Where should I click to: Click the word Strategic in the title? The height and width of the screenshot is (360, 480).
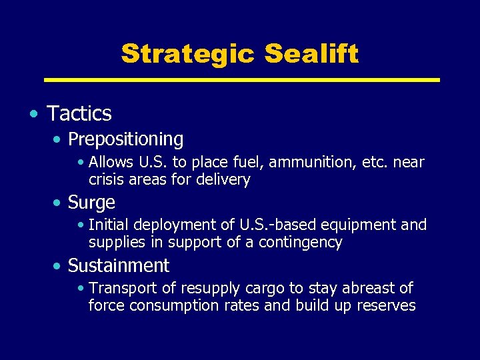pyautogui.click(x=188, y=53)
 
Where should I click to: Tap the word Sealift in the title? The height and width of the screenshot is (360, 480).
pyautogui.click(x=311, y=53)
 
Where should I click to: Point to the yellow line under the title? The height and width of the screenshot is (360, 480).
pyautogui.click(x=241, y=80)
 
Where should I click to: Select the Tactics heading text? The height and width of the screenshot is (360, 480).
pyautogui.click(x=79, y=114)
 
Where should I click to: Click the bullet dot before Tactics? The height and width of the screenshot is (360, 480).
pyautogui.click(x=33, y=114)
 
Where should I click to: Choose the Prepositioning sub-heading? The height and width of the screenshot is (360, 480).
pyautogui.click(x=125, y=139)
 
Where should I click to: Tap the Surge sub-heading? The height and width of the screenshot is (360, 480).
pyautogui.click(x=91, y=202)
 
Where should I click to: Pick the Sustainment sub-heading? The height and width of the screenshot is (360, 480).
pyautogui.click(x=119, y=265)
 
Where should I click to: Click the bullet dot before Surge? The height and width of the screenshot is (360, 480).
pyautogui.click(x=59, y=203)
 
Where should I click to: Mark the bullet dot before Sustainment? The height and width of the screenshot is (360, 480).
pyautogui.click(x=59, y=266)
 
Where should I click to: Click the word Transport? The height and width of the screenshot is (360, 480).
pyautogui.click(x=120, y=288)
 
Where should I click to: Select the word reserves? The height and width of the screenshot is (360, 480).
pyautogui.click(x=385, y=305)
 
